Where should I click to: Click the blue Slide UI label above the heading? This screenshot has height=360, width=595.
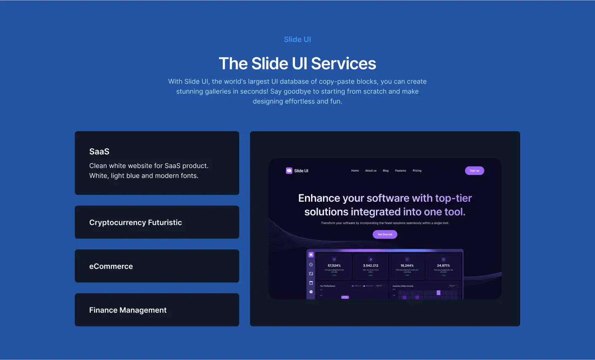[x=297, y=39]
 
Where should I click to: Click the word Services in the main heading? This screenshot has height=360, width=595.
[x=343, y=64]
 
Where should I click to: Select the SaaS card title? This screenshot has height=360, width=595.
[x=99, y=152]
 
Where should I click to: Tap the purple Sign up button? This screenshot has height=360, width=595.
[x=474, y=171]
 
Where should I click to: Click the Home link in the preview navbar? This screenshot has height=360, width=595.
[x=355, y=171]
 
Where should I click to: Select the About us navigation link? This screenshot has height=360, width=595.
[x=371, y=171]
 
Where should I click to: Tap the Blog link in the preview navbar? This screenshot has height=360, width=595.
[x=386, y=171]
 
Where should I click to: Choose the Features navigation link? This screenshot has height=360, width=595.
[x=400, y=171]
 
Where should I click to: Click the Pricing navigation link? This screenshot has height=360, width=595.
[x=417, y=171]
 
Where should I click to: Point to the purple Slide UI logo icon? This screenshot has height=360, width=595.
[x=289, y=171]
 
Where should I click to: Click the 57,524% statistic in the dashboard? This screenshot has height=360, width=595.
[x=334, y=266]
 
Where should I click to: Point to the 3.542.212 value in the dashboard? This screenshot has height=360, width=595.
[x=371, y=266]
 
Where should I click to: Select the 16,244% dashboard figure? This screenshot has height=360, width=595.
[x=407, y=266]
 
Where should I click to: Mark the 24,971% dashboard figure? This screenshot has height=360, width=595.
[x=443, y=266]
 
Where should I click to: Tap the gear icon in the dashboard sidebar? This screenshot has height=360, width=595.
[x=311, y=292]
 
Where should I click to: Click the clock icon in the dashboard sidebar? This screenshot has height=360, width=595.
[x=311, y=265]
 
